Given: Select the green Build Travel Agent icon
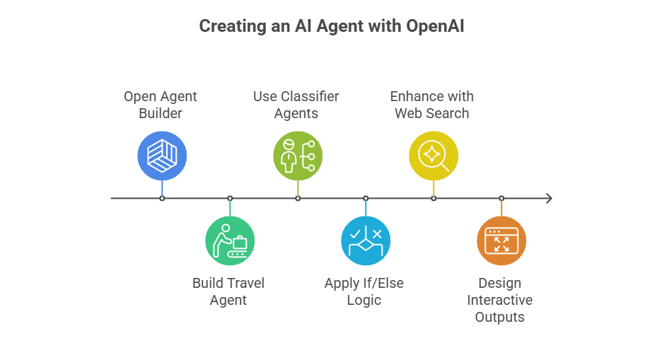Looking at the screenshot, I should tap(230, 241).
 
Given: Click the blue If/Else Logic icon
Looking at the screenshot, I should tap(366, 241).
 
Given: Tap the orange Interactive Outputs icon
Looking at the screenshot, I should tap(501, 241).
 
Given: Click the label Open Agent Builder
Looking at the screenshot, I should tap(161, 104).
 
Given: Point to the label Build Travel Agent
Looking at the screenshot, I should tap(228, 291).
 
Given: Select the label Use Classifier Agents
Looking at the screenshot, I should tap(296, 104).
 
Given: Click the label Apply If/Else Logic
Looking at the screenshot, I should tap(364, 291).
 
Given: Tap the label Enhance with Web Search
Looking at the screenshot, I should tap(432, 104).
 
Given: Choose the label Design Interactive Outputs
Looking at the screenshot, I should tap(500, 300).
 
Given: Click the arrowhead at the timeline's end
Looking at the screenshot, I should tap(549, 199).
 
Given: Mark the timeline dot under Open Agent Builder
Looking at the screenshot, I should tap(162, 199).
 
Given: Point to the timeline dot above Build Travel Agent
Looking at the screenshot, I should tap(230, 199).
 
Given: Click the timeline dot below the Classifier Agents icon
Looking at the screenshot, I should tap(298, 199).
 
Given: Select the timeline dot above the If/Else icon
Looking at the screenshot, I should tap(366, 199).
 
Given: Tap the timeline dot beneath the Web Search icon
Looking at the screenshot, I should tap(433, 199).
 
